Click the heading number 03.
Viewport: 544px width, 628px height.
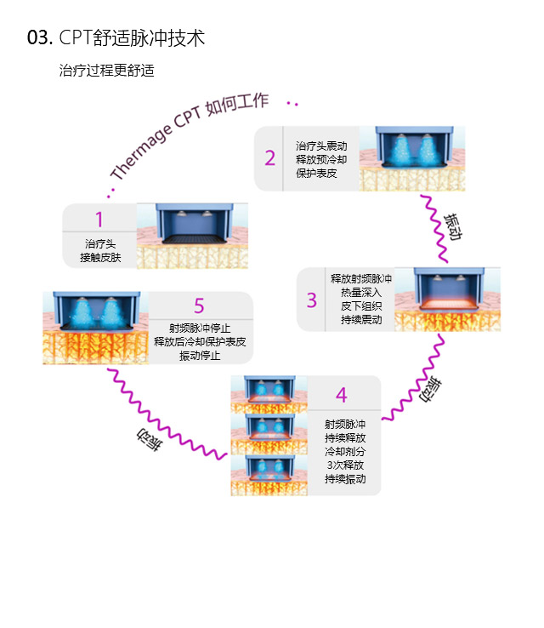coord(40,38)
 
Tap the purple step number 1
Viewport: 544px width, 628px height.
coord(99,220)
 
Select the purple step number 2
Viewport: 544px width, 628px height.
coord(269,158)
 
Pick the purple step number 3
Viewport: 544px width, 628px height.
coord(312,300)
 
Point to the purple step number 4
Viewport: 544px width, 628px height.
coord(341,395)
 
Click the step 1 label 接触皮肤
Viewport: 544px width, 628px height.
coord(99,256)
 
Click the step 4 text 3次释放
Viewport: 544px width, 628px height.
coord(345,465)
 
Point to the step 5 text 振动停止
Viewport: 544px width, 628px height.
coord(200,355)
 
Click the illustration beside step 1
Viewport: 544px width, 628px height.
coord(191,236)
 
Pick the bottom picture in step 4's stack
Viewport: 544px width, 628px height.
coord(269,476)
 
